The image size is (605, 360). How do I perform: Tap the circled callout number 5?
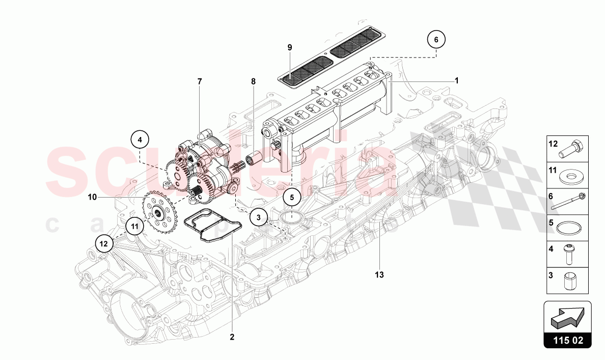pos(292,197)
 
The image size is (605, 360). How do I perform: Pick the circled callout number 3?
pos(259,217)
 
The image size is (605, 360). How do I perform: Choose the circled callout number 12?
pos(104,243)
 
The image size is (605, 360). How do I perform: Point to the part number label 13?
pos(379,274)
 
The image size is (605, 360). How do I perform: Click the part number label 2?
pos(232,337)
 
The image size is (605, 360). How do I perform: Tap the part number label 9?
pos(290,47)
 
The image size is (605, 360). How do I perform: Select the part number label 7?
pos(200,81)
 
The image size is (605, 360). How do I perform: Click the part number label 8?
pos(253,81)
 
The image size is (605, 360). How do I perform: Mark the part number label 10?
pos(92,197)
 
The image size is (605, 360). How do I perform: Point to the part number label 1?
pos(457,80)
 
